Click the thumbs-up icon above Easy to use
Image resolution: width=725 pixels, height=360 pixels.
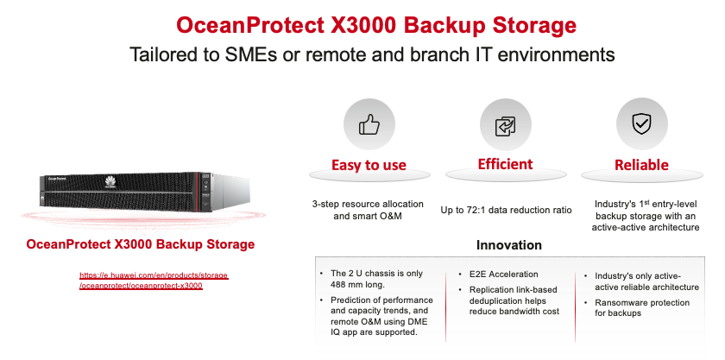click(369, 124)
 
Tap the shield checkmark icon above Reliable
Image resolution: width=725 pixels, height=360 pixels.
click(641, 124)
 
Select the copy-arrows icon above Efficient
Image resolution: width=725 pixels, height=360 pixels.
click(506, 126)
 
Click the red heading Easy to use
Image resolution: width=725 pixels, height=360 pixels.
click(369, 165)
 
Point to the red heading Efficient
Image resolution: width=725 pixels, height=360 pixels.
click(506, 164)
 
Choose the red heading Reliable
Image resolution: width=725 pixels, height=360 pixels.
click(641, 165)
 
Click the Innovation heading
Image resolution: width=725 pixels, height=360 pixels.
click(508, 245)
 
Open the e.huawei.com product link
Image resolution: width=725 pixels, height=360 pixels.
click(154, 281)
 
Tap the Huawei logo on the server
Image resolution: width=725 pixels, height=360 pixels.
click(110, 182)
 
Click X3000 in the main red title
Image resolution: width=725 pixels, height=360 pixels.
click(360, 25)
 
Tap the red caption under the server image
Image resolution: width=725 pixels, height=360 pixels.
click(141, 244)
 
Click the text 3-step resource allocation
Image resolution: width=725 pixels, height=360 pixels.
click(368, 204)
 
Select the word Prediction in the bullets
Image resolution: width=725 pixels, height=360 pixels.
click(351, 300)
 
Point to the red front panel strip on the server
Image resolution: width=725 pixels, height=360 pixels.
click(199, 191)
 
